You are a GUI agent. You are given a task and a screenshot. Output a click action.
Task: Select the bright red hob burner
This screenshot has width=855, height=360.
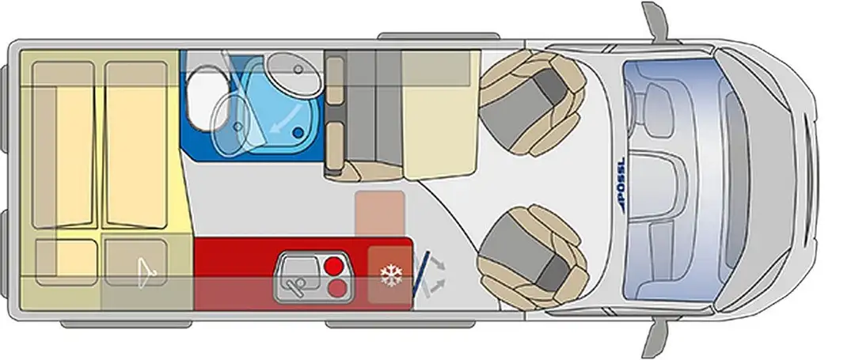[x=334, y=267]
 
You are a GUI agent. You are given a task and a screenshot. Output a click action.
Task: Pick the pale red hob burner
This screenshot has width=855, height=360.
[x=337, y=287]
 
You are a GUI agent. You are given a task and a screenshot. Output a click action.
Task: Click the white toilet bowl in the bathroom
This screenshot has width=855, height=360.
[x=204, y=98]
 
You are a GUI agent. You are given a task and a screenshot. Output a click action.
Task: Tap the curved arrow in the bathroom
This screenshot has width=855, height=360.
[x=287, y=119]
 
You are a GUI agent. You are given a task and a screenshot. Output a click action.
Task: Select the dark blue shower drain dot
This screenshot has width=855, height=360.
[x=298, y=132]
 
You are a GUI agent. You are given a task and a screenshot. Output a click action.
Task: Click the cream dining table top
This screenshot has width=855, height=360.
[x=441, y=115]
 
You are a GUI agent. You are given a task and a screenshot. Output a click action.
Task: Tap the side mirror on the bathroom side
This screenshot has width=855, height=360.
[x=655, y=21]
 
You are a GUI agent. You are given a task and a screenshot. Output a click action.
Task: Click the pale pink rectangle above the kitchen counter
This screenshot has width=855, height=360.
[x=379, y=214]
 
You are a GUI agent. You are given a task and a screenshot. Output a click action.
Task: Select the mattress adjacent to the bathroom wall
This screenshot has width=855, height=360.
[x=136, y=144]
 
